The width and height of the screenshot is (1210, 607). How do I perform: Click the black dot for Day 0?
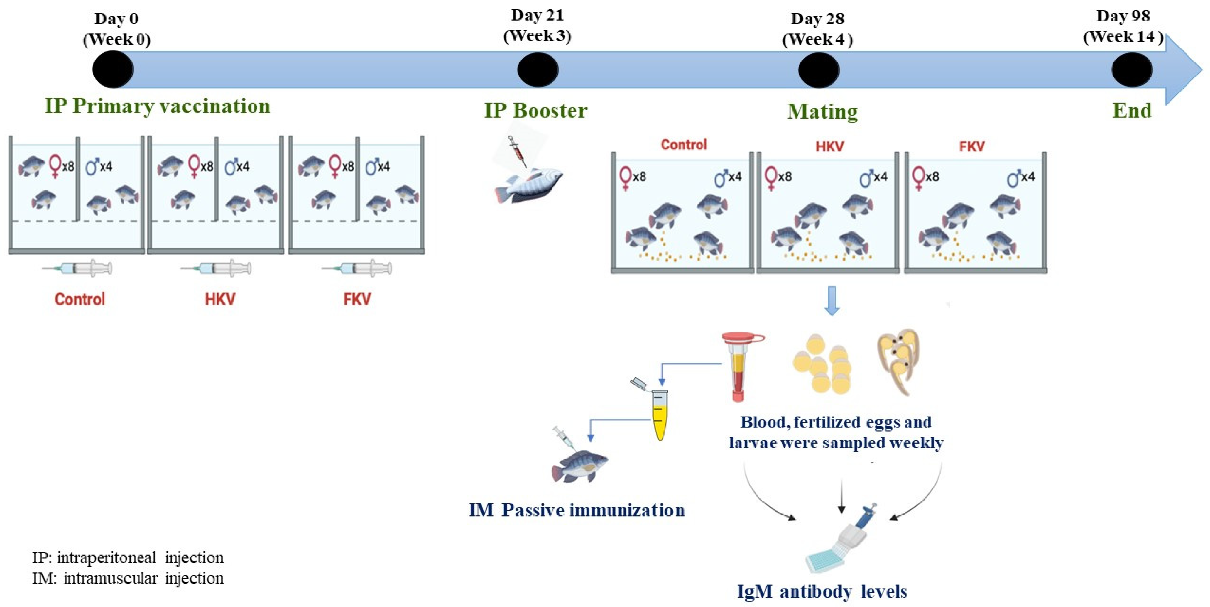click(113, 70)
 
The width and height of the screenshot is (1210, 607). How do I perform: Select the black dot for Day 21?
click(538, 70)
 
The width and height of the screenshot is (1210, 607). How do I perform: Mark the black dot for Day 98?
click(1132, 70)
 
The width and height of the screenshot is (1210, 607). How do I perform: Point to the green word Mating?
click(822, 112)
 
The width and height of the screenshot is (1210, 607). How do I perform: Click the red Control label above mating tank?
click(683, 145)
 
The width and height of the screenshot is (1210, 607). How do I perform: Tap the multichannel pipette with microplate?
click(841, 545)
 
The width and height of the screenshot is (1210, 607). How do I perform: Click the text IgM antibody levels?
click(822, 591)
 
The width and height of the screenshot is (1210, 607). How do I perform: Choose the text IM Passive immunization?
click(577, 510)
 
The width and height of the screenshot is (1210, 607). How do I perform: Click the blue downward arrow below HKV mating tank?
click(832, 301)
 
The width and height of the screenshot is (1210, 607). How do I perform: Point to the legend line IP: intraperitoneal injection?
click(128, 558)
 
